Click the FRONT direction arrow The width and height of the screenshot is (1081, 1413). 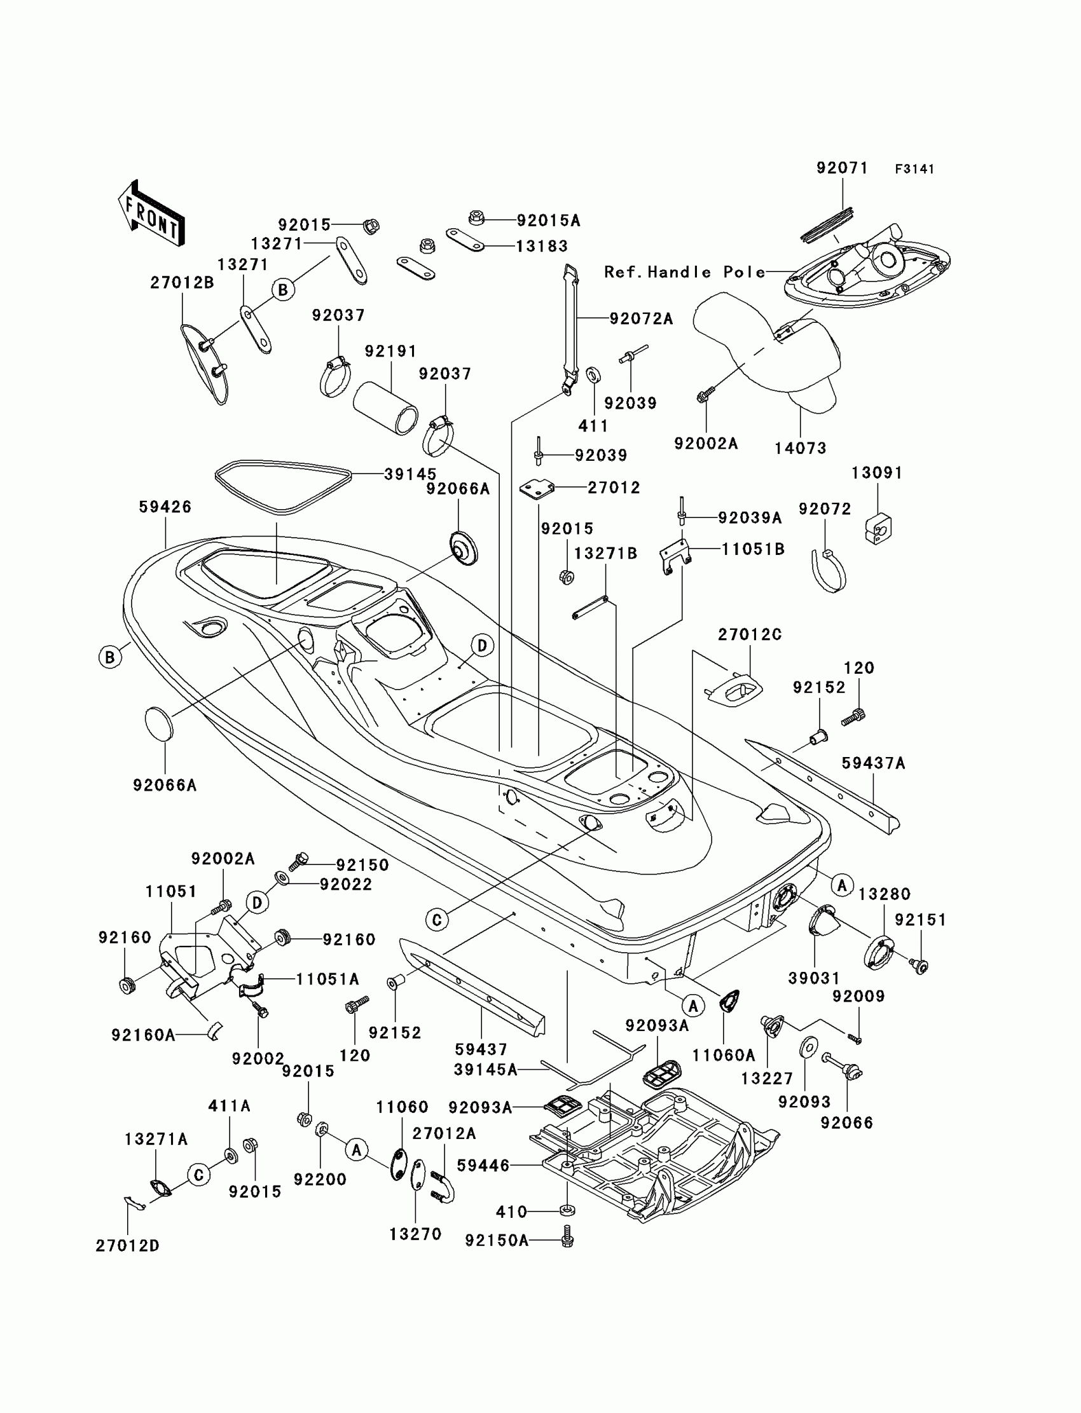click(152, 214)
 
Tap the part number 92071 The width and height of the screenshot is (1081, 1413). click(843, 168)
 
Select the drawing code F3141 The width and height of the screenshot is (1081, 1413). click(914, 169)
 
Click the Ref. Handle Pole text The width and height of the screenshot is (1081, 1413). click(685, 272)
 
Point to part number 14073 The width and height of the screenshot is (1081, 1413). click(801, 448)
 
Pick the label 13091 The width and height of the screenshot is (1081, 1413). click(877, 473)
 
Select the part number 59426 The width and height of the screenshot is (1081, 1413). click(165, 507)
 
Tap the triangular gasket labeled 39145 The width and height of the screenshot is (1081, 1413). click(283, 486)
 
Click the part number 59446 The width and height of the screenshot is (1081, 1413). click(483, 1165)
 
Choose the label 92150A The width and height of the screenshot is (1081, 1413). click(497, 1241)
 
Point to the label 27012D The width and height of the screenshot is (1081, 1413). click(127, 1246)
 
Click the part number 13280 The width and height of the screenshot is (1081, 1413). click(884, 894)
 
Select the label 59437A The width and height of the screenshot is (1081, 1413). click(873, 763)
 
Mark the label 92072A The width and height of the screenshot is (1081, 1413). click(641, 318)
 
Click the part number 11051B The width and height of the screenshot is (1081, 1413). click(753, 549)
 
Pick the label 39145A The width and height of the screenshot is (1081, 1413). click(486, 1070)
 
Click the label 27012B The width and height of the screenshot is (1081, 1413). click(182, 282)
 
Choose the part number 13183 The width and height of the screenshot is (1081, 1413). click(542, 247)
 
